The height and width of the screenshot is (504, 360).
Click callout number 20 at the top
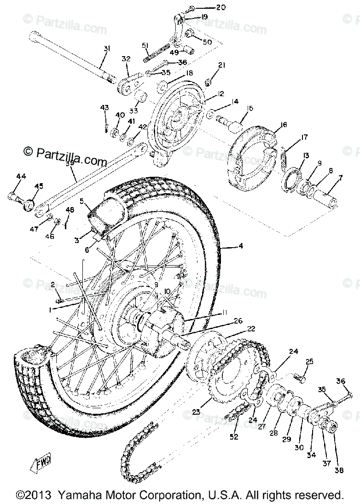click(x=221, y=7)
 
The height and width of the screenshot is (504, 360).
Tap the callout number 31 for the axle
click(x=106, y=48)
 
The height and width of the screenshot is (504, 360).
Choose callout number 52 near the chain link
click(x=234, y=436)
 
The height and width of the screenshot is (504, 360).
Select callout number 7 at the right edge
click(x=340, y=178)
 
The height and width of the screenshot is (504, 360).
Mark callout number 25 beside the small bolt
click(x=309, y=361)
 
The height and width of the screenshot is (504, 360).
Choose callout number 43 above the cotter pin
click(x=105, y=108)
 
